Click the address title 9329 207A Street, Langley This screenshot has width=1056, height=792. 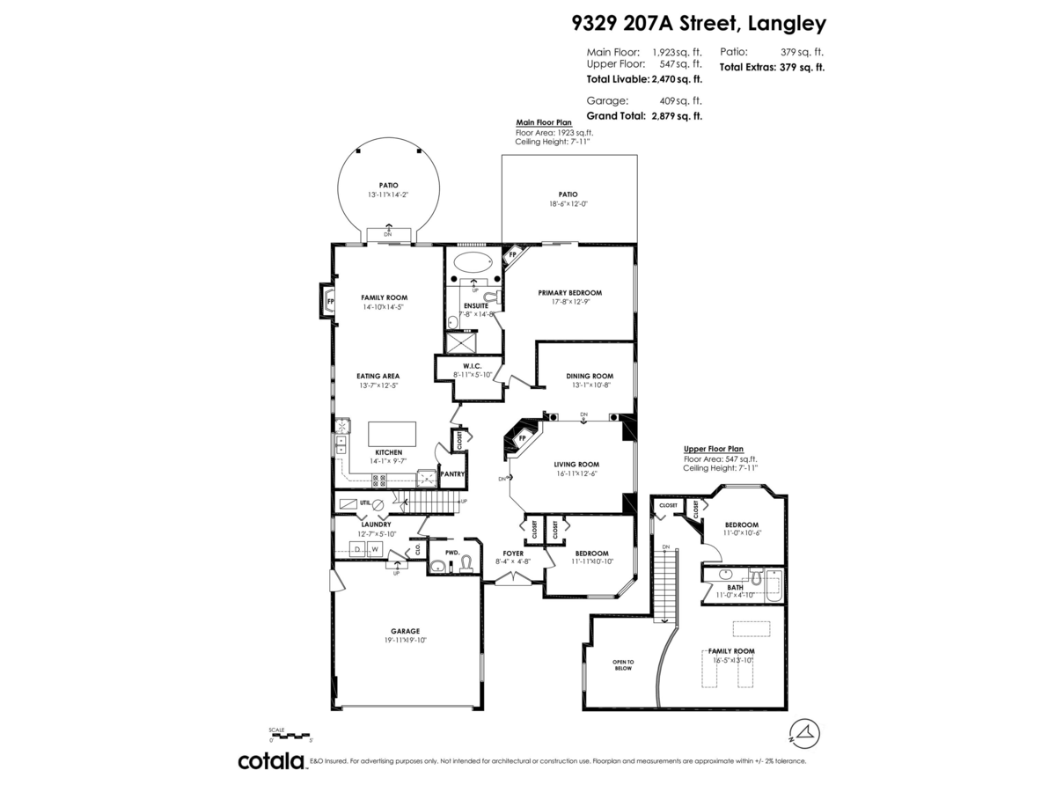tap(694, 23)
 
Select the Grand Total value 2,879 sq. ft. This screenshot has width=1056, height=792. tap(675, 116)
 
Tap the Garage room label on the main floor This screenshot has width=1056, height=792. tap(406, 631)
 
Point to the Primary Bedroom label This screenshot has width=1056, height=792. tap(569, 293)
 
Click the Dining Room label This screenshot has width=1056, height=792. tap(589, 376)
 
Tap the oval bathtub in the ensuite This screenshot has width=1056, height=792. tap(473, 262)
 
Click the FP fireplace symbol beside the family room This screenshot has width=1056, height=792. tap(330, 301)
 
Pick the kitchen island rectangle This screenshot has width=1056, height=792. tap(392, 433)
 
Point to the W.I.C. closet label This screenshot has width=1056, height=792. tap(472, 365)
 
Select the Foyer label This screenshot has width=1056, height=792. tap(512, 554)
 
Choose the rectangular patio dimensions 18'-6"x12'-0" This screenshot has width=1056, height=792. tap(568, 203)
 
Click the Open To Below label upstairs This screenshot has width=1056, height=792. tap(623, 664)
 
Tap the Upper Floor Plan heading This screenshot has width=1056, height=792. tap(713, 449)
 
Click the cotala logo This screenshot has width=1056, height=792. tap(270, 761)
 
